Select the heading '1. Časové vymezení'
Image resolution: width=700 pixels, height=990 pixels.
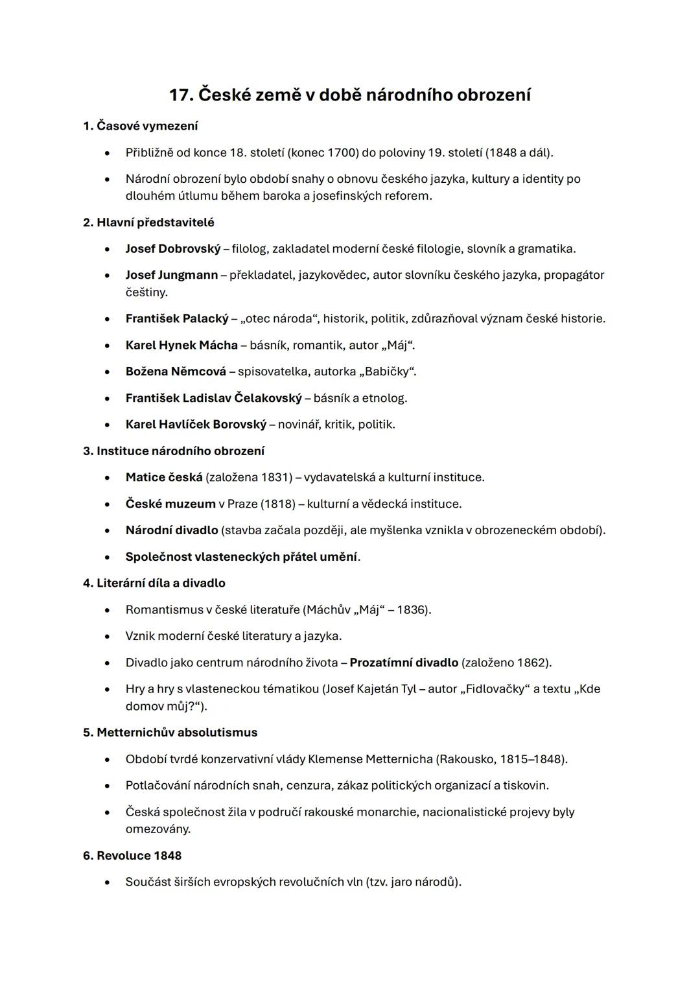pyautogui.click(x=141, y=126)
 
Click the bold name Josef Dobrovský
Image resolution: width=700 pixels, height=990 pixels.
pyautogui.click(x=173, y=249)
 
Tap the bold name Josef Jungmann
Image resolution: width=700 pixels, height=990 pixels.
pyautogui.click(x=172, y=275)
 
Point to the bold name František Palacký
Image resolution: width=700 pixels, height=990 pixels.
pyautogui.click(x=177, y=319)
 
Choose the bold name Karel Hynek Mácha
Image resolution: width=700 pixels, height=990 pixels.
pyautogui.click(x=181, y=346)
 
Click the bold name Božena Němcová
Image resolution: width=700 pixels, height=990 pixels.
pyautogui.click(x=176, y=371)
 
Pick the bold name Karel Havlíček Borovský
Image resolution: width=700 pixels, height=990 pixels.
pyautogui.click(x=196, y=425)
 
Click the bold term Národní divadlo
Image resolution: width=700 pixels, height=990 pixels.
pyautogui.click(x=172, y=530)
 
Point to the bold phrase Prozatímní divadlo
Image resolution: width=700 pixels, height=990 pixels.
pyautogui.click(x=404, y=663)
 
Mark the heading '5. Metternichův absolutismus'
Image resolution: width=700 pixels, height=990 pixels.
pyautogui.click(x=170, y=733)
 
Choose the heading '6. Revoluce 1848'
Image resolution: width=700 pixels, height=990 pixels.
pyautogui.click(x=132, y=856)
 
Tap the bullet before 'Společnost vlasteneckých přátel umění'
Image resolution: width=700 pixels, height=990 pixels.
pyautogui.click(x=107, y=558)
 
